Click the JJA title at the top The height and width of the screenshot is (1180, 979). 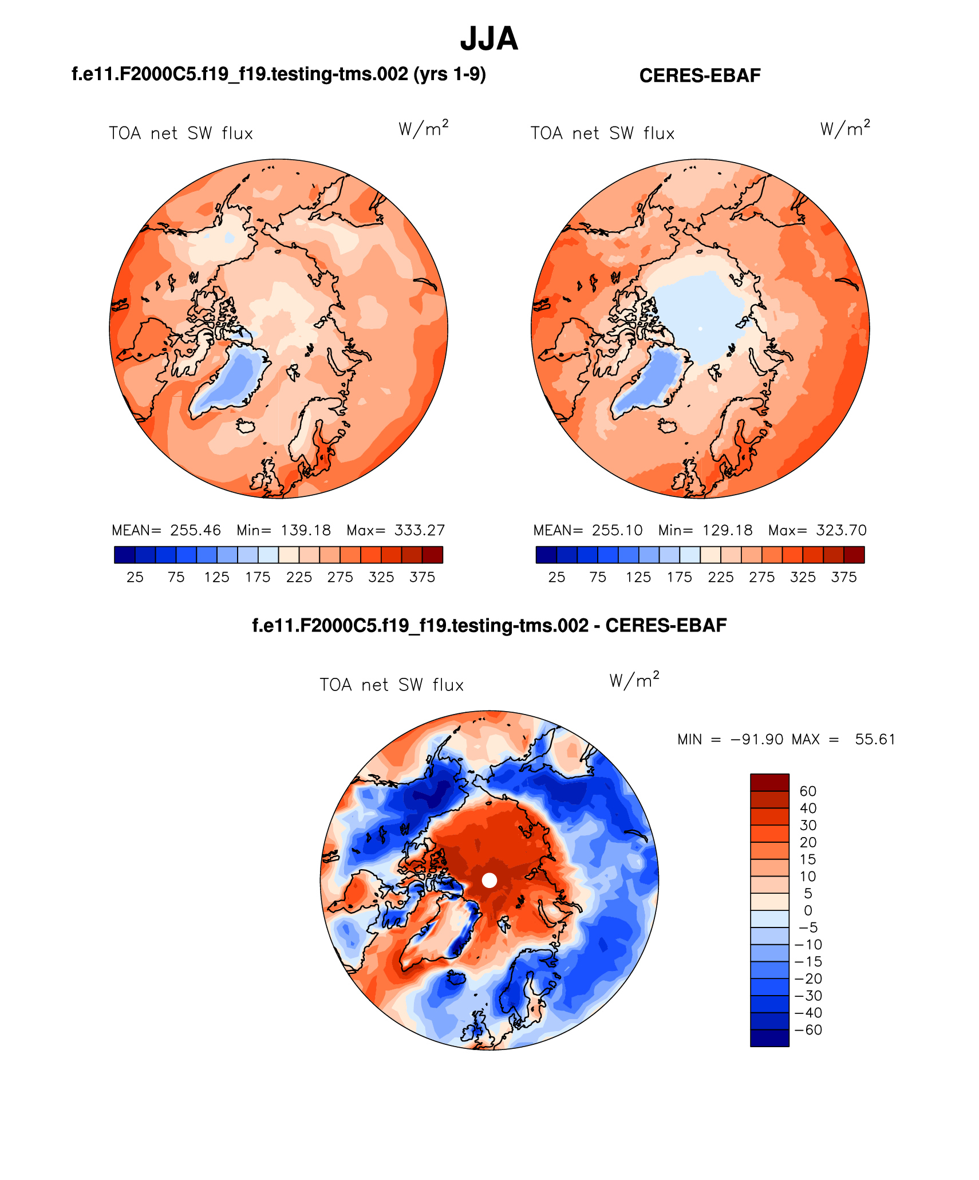pyautogui.click(x=489, y=39)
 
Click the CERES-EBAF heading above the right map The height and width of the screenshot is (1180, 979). pyautogui.click(x=700, y=76)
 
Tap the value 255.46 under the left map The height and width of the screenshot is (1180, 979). pyautogui.click(x=195, y=530)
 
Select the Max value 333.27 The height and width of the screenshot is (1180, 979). pyautogui.click(x=420, y=530)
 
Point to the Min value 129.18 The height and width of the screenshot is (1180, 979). pyautogui.click(x=727, y=530)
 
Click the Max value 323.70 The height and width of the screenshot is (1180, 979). pyautogui.click(x=842, y=530)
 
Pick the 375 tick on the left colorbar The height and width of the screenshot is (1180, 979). pyautogui.click(x=423, y=577)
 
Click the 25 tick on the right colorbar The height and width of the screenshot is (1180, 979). pyautogui.click(x=556, y=577)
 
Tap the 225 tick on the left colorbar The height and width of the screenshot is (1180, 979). pyautogui.click(x=299, y=577)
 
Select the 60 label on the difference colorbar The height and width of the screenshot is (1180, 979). pyautogui.click(x=808, y=791)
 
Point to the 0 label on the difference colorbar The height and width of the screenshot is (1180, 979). pyautogui.click(x=808, y=910)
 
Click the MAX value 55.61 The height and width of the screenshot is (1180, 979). pyautogui.click(x=875, y=739)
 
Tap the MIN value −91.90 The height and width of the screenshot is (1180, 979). pyautogui.click(x=757, y=739)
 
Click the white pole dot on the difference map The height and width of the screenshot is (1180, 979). pyautogui.click(x=489, y=880)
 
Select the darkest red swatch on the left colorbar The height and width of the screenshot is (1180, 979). pyautogui.click(x=432, y=555)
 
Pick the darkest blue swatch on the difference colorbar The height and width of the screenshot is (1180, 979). pyautogui.click(x=769, y=1038)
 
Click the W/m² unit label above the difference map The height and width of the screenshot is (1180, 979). pyautogui.click(x=634, y=680)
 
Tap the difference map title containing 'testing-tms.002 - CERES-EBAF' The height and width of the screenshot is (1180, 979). pyautogui.click(x=489, y=625)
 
